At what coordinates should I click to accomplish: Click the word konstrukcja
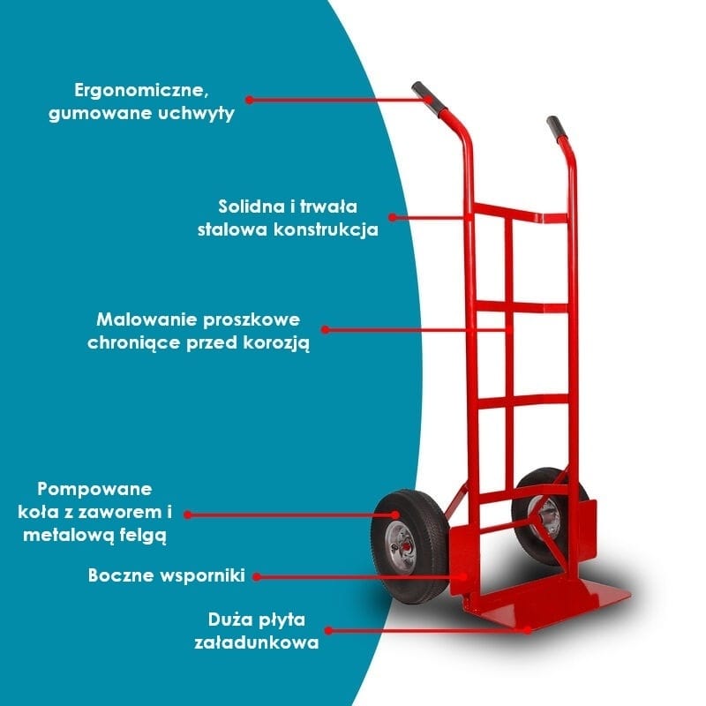click(x=326, y=229)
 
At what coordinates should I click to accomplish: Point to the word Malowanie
click(x=146, y=319)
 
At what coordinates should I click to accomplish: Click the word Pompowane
click(x=94, y=490)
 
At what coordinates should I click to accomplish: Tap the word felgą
click(x=143, y=536)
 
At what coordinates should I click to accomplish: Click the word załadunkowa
click(x=257, y=642)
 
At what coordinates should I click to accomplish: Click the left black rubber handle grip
click(x=429, y=98)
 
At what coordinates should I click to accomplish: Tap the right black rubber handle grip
click(x=556, y=128)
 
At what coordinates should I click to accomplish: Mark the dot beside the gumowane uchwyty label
click(x=250, y=100)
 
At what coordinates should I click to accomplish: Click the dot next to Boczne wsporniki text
click(x=257, y=576)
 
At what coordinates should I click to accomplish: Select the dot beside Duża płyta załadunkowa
click(x=328, y=631)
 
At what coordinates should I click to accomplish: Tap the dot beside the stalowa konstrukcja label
click(x=393, y=217)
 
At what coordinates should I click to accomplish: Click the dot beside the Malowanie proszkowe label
click(x=325, y=330)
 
